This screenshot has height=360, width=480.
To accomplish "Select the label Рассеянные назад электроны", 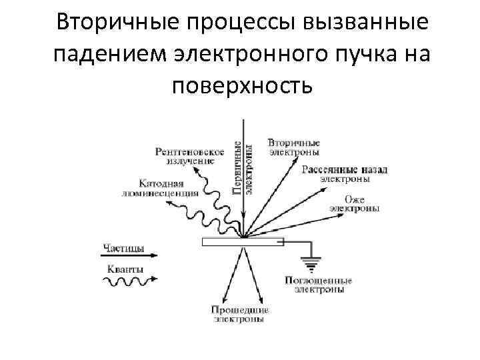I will click(x=344, y=174).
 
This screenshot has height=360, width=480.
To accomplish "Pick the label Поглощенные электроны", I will click(x=318, y=285).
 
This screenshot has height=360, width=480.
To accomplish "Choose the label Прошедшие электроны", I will click(x=240, y=315).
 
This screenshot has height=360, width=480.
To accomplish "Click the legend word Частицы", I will click(x=124, y=249).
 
